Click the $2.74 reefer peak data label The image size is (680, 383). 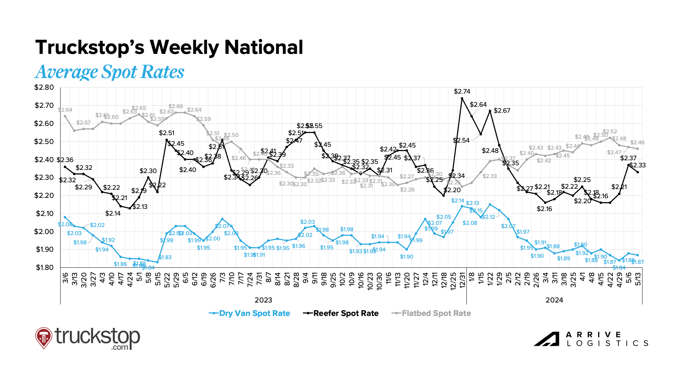click(462, 91)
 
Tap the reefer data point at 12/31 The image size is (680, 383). click(462, 99)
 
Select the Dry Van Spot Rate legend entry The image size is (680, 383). click(250, 313)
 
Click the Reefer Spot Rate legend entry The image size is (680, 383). click(341, 313)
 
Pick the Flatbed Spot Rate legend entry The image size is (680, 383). click(431, 313)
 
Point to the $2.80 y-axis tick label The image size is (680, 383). click(44, 88)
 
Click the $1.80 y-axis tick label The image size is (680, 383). click(45, 267)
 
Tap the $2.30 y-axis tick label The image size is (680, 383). click(44, 177)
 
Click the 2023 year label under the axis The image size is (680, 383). click(263, 300)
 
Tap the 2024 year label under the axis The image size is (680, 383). click(554, 300)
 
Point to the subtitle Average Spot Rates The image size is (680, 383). click(110, 72)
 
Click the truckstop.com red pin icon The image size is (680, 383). click(44, 337)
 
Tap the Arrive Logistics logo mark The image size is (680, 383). click(546, 339)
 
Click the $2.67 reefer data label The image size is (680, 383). click(502, 111)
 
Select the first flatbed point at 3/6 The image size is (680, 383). click(65, 116)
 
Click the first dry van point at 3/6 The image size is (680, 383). click(65, 217)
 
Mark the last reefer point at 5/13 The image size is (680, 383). click(637, 172)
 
